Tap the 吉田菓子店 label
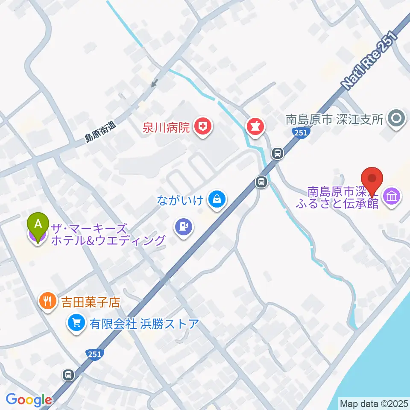pyautogui.click(x=90, y=303)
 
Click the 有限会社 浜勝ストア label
pyautogui.click(x=144, y=324)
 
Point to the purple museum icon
pyautogui.click(x=392, y=196)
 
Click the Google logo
pyautogui.click(x=29, y=400)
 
